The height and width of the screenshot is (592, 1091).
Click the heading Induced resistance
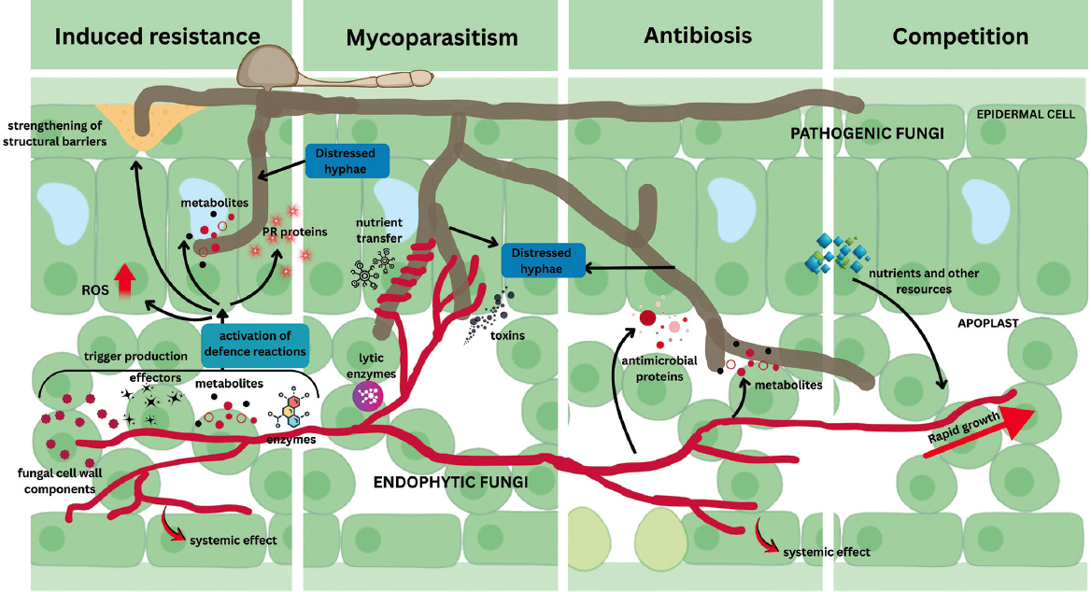pos(157,36)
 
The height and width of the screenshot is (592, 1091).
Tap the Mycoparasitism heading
pos(432,37)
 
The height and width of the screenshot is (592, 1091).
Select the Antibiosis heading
pos(698,35)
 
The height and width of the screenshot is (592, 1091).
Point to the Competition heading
pos(960,36)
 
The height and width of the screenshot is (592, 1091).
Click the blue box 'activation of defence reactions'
pos(255,345)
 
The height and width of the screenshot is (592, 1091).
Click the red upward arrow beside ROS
pos(124,282)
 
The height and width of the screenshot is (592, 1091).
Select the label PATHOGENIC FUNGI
pos(867,134)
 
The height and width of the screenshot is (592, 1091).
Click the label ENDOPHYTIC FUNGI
pos(451,482)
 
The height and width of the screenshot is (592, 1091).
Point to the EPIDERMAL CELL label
pos(1026,114)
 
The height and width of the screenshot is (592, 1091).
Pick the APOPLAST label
pos(988,323)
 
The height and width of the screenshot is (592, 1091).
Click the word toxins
pos(507,335)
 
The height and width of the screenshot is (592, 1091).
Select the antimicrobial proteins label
pos(659,369)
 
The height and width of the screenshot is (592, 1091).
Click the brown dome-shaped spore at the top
pos(268,67)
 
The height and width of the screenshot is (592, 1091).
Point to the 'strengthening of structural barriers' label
pos(55,134)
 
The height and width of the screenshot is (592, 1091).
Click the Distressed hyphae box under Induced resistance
pos(347,161)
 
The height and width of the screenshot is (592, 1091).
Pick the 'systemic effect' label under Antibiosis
pos(827,553)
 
